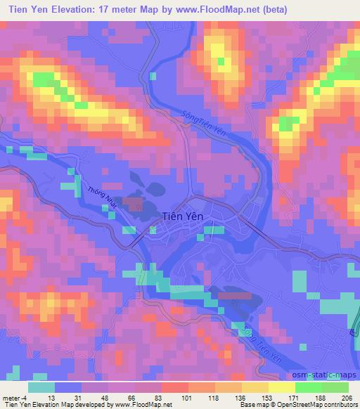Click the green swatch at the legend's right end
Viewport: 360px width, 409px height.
(335, 387)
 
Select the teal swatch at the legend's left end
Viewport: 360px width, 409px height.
(41, 387)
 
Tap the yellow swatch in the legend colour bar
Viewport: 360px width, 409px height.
(281, 387)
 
